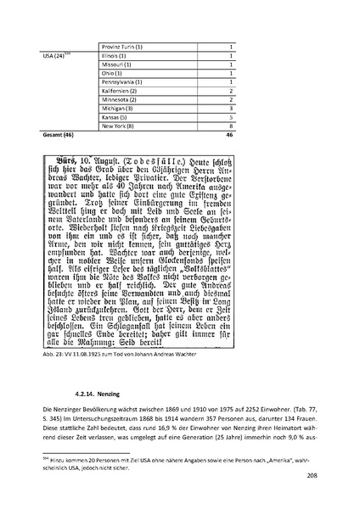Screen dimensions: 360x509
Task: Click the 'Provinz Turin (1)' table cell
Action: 123,46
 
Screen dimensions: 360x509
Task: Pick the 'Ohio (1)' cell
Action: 113,73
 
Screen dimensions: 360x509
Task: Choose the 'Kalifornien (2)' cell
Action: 121,91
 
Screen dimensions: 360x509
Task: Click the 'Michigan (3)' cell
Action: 118,109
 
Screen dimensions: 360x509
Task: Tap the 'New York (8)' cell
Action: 119,126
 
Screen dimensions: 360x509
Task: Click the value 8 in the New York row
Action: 231,126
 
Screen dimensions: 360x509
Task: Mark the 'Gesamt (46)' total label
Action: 58,135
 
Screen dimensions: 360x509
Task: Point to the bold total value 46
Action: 230,135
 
